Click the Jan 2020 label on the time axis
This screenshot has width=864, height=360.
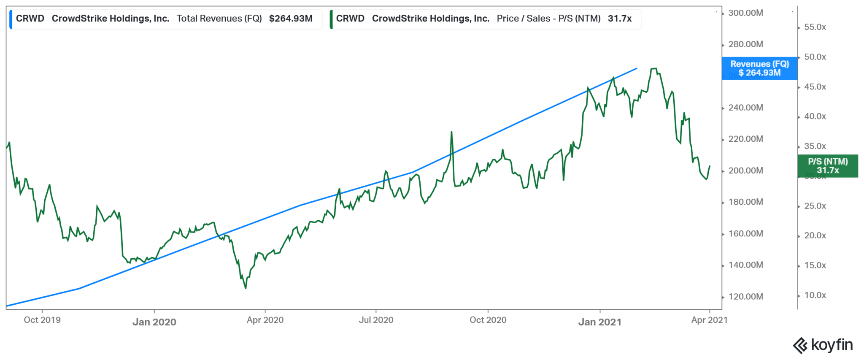[x=154, y=322]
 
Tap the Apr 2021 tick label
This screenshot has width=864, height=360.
[x=709, y=320]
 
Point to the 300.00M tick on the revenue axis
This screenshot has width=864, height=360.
[x=745, y=13]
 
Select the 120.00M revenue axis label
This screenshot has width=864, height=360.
[x=745, y=297]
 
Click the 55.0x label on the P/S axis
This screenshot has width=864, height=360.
[x=815, y=27]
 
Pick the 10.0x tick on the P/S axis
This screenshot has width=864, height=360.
[x=815, y=295]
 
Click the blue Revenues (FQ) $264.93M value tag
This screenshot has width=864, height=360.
[x=759, y=68]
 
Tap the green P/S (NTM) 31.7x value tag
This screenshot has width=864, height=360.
[x=828, y=166]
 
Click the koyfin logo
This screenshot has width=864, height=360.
[x=823, y=345]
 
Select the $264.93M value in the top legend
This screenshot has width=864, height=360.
[x=291, y=19]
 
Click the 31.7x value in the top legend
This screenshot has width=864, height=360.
[x=619, y=19]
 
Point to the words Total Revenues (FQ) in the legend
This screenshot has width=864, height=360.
[x=219, y=19]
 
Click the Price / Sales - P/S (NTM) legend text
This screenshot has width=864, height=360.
[x=548, y=19]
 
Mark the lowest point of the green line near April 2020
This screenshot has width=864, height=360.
[x=246, y=288]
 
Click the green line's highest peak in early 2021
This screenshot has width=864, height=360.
[x=653, y=68]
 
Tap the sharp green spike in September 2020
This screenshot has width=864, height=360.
[x=451, y=132]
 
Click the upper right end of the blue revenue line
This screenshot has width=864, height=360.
[x=637, y=68]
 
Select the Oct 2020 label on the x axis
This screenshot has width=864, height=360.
[x=488, y=320]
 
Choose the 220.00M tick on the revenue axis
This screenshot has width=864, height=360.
[x=745, y=139]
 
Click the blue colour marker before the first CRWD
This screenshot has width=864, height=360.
[x=11, y=19]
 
